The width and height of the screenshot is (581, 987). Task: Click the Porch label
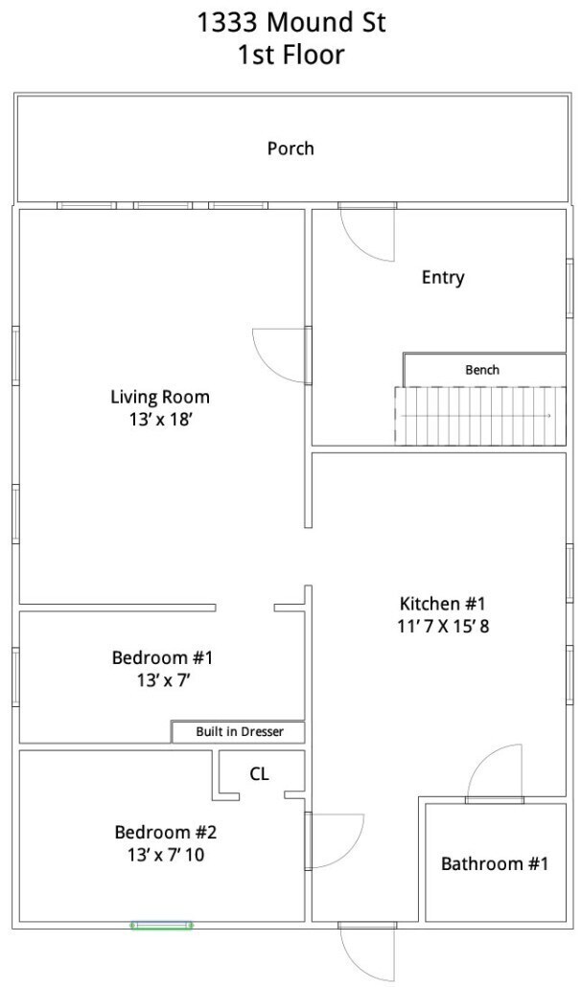pyautogui.click(x=290, y=149)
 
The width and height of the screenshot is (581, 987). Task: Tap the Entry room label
pyautogui.click(x=443, y=278)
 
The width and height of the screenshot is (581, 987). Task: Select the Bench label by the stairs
pyautogui.click(x=482, y=370)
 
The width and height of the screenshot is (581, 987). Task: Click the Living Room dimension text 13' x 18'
pyautogui.click(x=160, y=419)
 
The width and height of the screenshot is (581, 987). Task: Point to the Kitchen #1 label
pyautogui.click(x=443, y=604)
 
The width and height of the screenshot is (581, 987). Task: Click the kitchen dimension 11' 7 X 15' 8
pyautogui.click(x=443, y=627)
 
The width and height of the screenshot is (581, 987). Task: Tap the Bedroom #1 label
pyautogui.click(x=162, y=657)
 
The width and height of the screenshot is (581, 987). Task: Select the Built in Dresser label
pyautogui.click(x=240, y=731)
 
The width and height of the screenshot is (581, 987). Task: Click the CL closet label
pyautogui.click(x=260, y=773)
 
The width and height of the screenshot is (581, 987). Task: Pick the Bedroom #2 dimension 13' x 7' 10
pyautogui.click(x=165, y=855)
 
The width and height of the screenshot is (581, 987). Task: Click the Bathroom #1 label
pyautogui.click(x=495, y=863)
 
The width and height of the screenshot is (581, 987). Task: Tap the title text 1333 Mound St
pyautogui.click(x=290, y=23)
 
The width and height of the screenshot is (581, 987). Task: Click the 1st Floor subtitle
pyautogui.click(x=290, y=55)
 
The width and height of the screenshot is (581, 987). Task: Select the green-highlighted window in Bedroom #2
pyautogui.click(x=162, y=925)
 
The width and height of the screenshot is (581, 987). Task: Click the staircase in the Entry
pyautogui.click(x=480, y=416)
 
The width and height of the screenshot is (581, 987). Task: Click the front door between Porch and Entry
pyautogui.click(x=367, y=232)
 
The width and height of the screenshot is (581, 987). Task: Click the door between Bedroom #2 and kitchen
pyautogui.click(x=335, y=840)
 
